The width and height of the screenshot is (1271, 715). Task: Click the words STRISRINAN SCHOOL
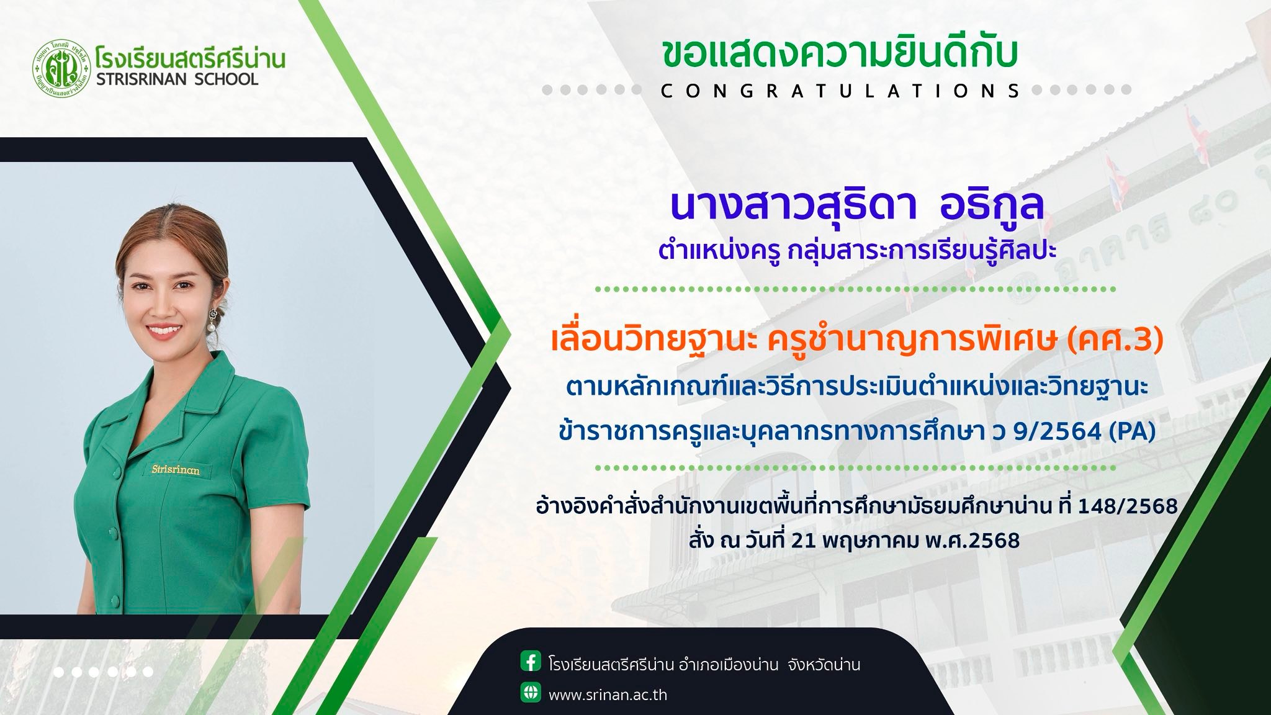click(x=177, y=79)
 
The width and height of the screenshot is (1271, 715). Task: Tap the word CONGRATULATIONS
click(x=842, y=91)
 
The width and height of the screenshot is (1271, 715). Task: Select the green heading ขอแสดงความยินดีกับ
click(x=841, y=54)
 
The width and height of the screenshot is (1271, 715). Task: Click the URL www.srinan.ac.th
click(x=608, y=695)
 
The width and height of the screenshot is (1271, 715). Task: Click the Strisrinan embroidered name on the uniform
click(x=176, y=470)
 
